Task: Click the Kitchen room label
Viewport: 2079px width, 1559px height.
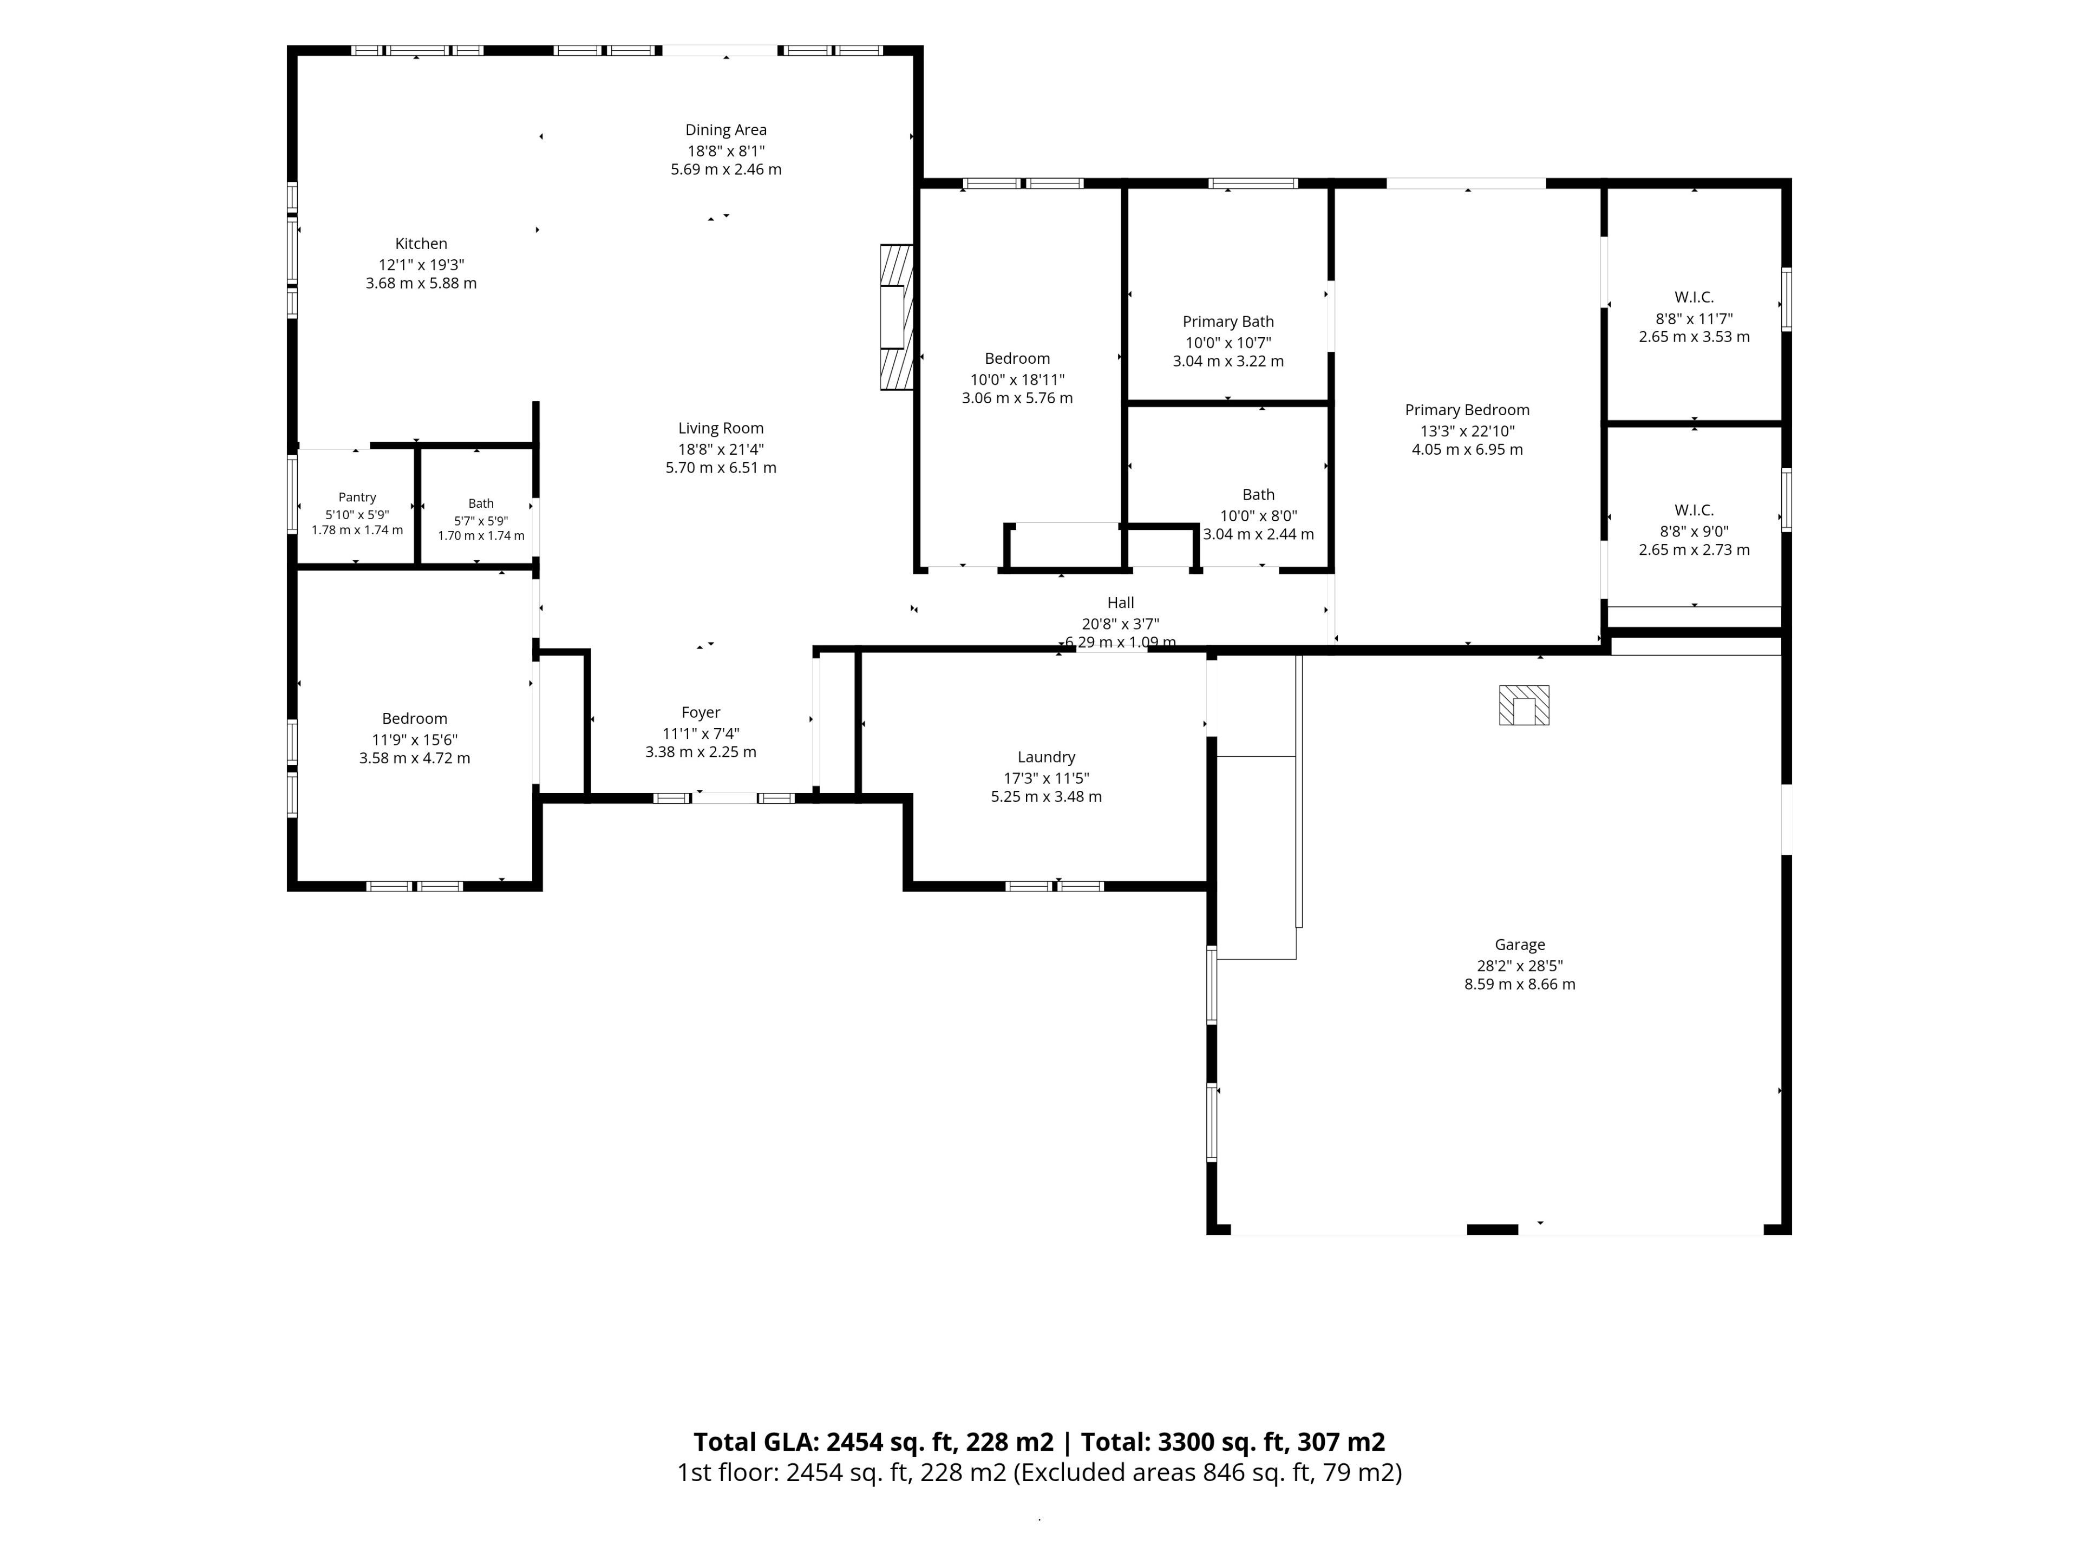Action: (421, 244)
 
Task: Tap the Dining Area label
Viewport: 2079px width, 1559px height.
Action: (725, 130)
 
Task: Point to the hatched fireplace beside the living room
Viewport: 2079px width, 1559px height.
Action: (897, 317)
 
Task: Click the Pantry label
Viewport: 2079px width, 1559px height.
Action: (357, 497)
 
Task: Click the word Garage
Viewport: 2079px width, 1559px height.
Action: (1520, 945)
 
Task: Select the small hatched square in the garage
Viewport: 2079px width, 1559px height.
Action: (1524, 705)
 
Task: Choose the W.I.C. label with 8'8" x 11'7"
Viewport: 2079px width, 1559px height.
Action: (1694, 298)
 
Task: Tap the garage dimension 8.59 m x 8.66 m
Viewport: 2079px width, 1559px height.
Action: (1520, 985)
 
